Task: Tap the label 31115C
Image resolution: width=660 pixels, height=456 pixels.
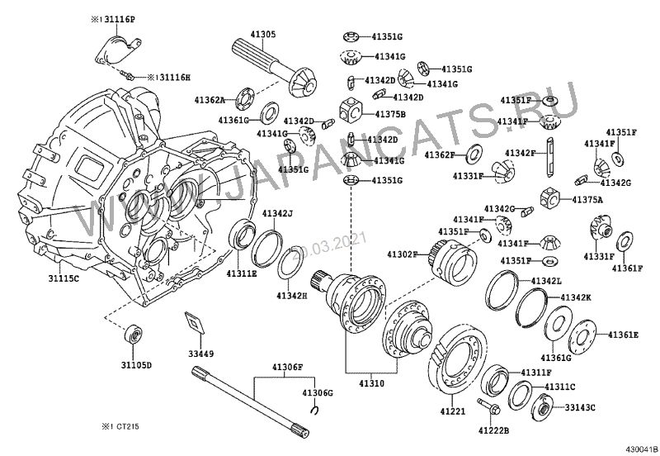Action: pyautogui.click(x=63, y=279)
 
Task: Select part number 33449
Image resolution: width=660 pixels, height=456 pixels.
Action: pyautogui.click(x=201, y=354)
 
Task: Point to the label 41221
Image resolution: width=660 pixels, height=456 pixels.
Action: pyautogui.click(x=452, y=411)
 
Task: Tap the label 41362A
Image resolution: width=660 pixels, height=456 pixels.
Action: pyautogui.click(x=210, y=100)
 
